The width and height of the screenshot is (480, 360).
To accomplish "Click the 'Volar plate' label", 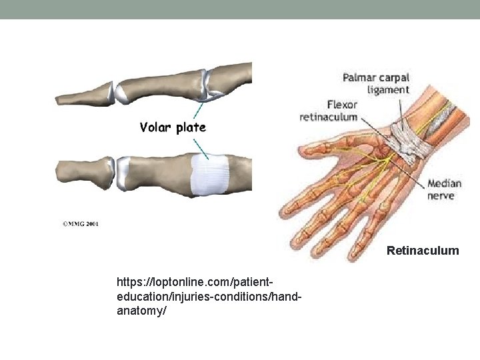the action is click(173, 127).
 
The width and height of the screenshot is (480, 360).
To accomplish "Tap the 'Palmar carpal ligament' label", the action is click(376, 83).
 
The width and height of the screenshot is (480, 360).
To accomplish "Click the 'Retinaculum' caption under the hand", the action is click(423, 251).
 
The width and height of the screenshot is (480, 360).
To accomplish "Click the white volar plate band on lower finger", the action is click(210, 175).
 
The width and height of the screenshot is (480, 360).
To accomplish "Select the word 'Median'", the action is click(444, 183).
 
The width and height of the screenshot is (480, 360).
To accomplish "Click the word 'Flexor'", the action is click(342, 104).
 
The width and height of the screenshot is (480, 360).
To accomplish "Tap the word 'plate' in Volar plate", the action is click(191, 127).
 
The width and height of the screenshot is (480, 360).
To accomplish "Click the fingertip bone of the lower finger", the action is click(83, 173).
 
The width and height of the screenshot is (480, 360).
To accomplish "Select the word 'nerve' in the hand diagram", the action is click(440, 195).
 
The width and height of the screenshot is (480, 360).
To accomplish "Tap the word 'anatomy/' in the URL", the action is click(139, 310).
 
